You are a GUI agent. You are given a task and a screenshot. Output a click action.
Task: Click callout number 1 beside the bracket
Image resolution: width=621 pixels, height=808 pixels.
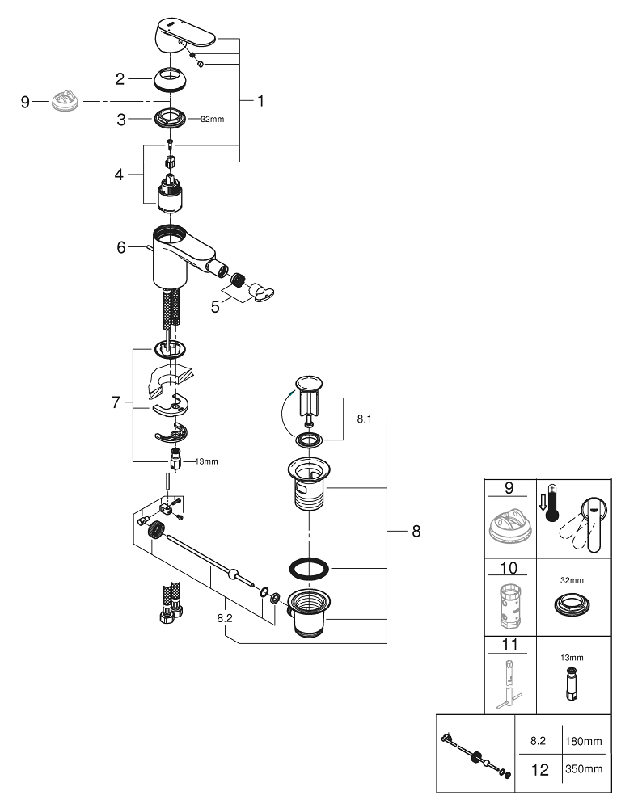tap(260, 101)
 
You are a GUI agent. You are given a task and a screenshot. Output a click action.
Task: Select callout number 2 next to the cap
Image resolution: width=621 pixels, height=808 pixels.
tap(120, 78)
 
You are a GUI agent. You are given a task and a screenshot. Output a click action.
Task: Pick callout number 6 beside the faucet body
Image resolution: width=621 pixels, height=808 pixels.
tap(120, 247)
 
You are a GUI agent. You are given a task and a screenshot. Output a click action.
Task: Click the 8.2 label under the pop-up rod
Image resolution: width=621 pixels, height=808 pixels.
tap(226, 617)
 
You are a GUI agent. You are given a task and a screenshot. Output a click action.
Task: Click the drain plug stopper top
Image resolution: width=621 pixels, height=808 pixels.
tap(309, 381)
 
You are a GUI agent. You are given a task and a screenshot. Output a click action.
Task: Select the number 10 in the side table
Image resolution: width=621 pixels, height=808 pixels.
tap(509, 568)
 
